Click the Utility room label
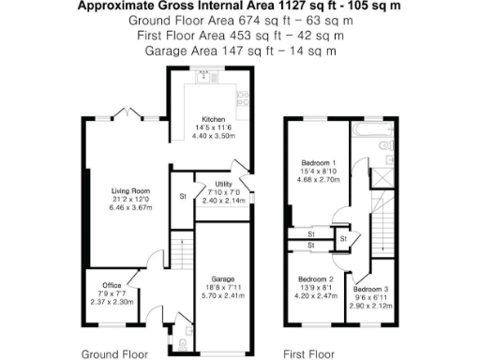[223, 184]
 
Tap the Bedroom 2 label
[316, 279]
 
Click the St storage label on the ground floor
[183, 196]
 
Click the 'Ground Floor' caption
[112, 354]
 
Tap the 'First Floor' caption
[308, 354]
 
